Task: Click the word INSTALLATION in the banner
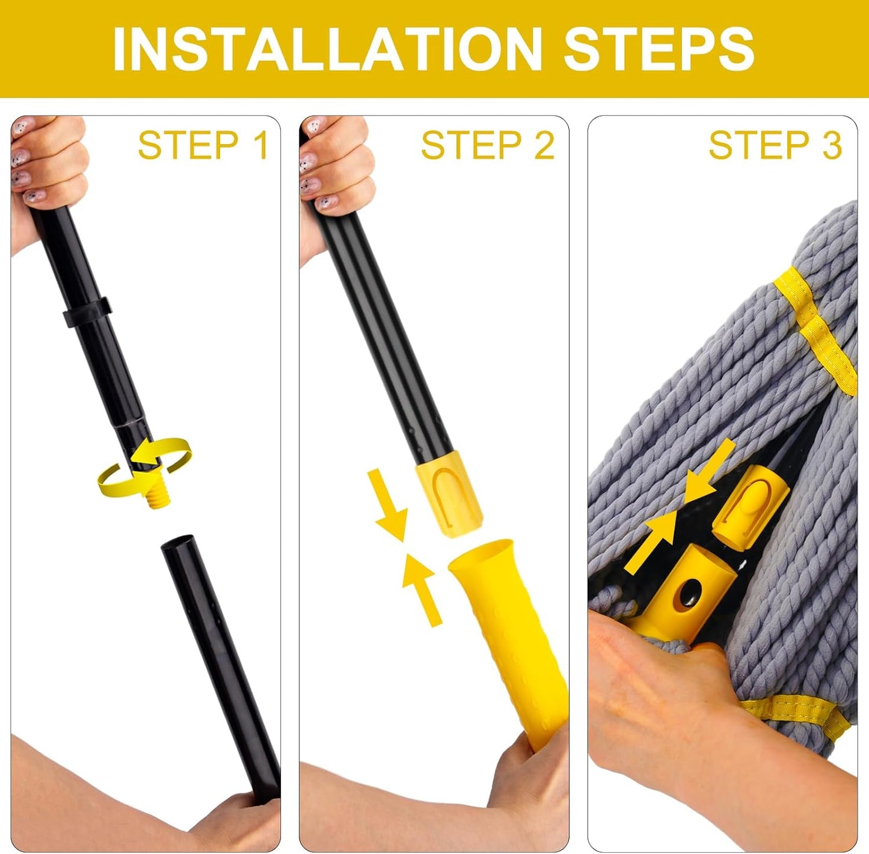tap(328, 49)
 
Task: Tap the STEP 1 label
tap(203, 145)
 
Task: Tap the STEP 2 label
tap(487, 145)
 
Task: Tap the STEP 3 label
tap(775, 145)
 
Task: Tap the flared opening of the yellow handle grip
tap(481, 555)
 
